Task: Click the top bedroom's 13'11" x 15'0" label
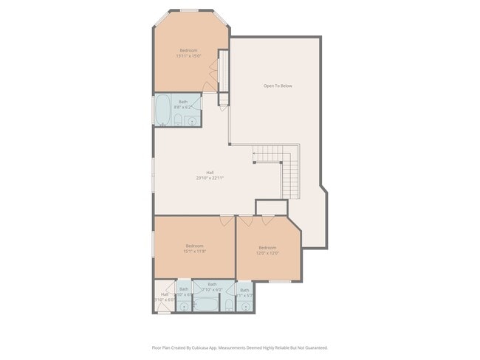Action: click(188, 53)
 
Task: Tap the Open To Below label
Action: click(278, 86)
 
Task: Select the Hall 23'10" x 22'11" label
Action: click(210, 175)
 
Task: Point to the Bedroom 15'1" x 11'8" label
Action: click(194, 249)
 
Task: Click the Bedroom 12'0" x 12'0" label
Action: click(267, 250)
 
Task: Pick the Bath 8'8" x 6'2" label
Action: click(183, 105)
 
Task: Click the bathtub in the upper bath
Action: click(162, 111)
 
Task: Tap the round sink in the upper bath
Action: click(192, 120)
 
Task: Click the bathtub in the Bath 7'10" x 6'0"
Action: click(208, 303)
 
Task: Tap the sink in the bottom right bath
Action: click(245, 305)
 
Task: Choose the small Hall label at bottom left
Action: click(164, 297)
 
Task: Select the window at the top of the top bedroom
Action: click(191, 10)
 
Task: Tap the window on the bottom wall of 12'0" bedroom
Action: click(278, 281)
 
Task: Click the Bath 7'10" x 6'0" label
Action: click(212, 287)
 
